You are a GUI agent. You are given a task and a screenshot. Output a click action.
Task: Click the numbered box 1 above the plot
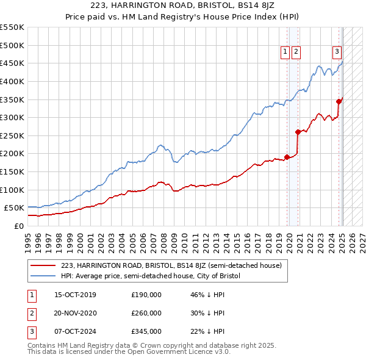coord(285,52)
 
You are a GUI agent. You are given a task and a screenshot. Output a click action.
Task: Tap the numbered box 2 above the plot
coord(296,52)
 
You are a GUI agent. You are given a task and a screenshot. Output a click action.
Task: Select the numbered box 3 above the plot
coord(336,52)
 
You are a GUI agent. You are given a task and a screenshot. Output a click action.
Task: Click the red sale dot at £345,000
coord(339,101)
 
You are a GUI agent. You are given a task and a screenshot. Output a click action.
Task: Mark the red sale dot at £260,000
coord(298,132)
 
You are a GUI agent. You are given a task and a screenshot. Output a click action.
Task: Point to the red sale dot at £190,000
coord(287,157)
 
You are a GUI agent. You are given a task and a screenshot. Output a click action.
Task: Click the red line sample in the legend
coord(43,265)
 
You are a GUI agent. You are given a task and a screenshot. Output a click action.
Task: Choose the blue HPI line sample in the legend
coord(43,276)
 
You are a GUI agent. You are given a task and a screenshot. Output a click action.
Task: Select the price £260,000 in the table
coord(146,313)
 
